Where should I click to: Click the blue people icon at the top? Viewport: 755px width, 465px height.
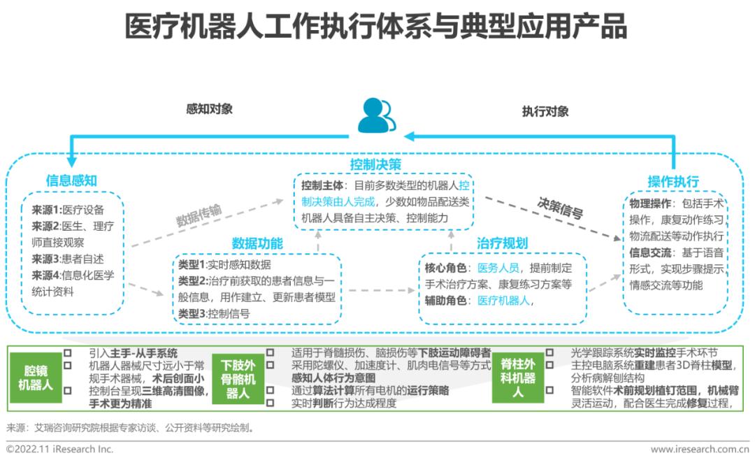click(x=377, y=115)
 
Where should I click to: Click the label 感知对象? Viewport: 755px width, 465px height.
click(x=210, y=109)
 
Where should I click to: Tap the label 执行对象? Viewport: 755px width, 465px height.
click(x=545, y=112)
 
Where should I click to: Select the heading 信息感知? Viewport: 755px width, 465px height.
click(x=71, y=180)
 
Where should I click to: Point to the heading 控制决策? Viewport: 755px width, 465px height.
click(x=375, y=165)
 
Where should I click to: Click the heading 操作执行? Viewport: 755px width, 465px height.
click(x=673, y=182)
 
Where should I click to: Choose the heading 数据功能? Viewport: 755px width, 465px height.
click(x=257, y=243)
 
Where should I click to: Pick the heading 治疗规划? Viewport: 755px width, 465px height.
click(x=502, y=243)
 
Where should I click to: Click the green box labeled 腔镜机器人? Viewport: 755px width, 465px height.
click(x=36, y=378)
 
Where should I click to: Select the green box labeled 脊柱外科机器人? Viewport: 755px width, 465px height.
click(x=518, y=378)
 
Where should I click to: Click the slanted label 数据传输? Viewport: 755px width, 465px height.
click(x=199, y=215)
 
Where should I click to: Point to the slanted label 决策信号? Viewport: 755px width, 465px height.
click(x=560, y=208)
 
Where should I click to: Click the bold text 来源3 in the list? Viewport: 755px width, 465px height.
click(x=45, y=259)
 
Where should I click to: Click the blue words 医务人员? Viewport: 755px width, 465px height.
click(x=498, y=269)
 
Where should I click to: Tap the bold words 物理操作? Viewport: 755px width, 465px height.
click(x=650, y=203)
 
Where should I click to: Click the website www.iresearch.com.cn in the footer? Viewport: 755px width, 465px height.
click(x=700, y=450)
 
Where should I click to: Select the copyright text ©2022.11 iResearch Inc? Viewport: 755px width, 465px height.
click(x=59, y=449)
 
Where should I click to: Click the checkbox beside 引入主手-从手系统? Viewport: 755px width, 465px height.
click(x=67, y=353)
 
